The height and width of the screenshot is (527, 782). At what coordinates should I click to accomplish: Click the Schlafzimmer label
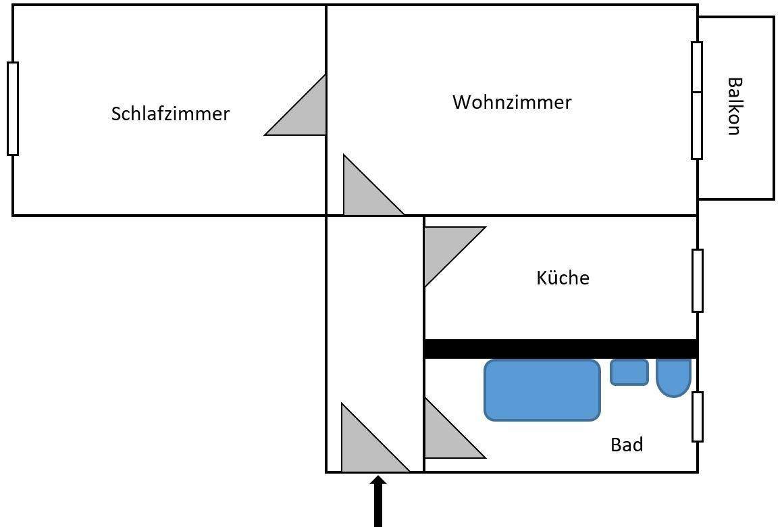(x=170, y=114)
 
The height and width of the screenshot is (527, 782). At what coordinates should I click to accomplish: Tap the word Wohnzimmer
(x=512, y=102)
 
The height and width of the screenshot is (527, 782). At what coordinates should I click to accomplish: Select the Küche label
(x=563, y=278)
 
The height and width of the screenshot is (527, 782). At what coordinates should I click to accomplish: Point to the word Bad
(x=626, y=445)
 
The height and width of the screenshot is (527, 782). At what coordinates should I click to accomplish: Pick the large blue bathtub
(x=542, y=390)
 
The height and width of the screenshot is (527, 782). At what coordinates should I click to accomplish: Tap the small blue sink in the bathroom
(x=629, y=372)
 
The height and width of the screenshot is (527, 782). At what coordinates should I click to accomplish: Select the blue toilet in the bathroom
(x=673, y=376)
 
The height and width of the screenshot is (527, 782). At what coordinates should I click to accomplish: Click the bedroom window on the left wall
(x=13, y=108)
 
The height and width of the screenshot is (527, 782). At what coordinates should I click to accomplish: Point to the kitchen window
(x=697, y=280)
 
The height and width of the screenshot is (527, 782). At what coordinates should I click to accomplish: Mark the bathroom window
(x=697, y=416)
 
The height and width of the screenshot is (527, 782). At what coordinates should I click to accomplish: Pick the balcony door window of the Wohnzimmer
(x=697, y=100)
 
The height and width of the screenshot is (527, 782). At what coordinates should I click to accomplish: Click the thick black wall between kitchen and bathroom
(x=561, y=349)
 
